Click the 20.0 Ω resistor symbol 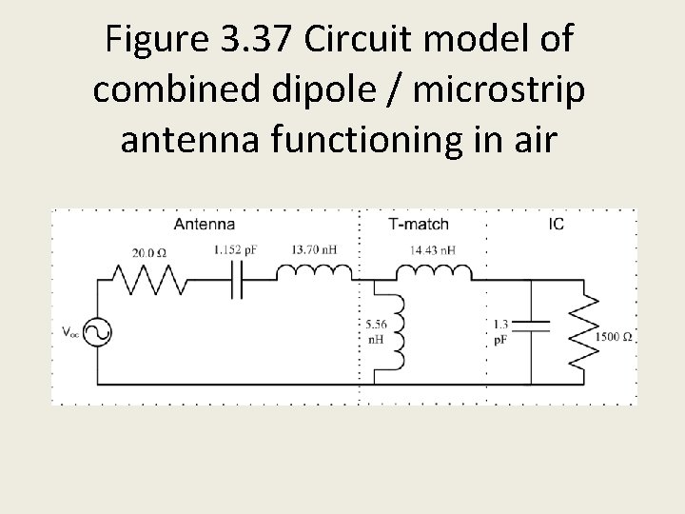(148, 281)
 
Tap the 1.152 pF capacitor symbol (236, 281)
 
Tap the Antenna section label (204, 225)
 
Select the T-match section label (419, 225)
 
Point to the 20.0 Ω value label (149, 253)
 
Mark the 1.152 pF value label (236, 249)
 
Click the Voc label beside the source (69, 332)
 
